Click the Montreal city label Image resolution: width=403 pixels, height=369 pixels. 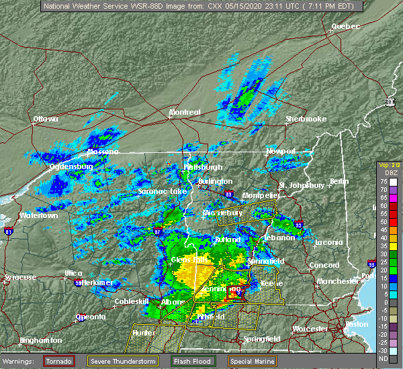click(x=184, y=112)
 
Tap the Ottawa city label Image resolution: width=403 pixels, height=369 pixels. click(x=46, y=119)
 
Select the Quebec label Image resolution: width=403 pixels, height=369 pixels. click(x=345, y=26)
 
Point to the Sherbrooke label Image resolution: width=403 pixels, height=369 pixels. click(x=305, y=119)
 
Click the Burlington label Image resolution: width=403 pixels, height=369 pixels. click(x=215, y=181)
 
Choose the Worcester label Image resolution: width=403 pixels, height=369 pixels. click(x=310, y=329)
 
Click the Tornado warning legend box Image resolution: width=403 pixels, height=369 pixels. click(x=59, y=360)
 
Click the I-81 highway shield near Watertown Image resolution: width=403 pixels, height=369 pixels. click(x=9, y=231)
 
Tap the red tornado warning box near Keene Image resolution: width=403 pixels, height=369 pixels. click(x=233, y=291)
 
